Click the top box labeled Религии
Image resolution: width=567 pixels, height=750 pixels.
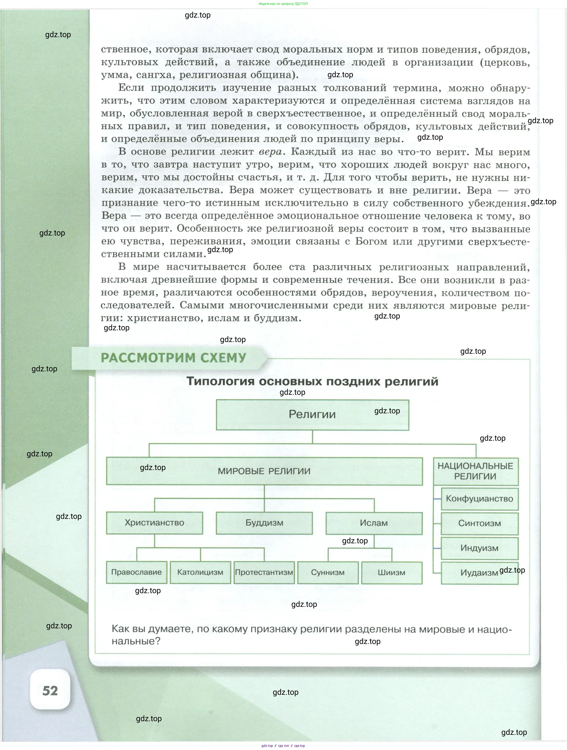pos(312,415)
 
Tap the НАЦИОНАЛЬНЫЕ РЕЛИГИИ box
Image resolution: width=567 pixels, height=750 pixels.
pos(475,471)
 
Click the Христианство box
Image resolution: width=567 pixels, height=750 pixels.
pos(155,523)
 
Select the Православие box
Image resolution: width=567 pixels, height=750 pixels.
pos(136,572)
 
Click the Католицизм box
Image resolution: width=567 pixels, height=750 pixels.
pos(200,572)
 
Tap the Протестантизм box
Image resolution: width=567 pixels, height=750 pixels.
pos(264,572)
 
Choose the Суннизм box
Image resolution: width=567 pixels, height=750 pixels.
pos(328,573)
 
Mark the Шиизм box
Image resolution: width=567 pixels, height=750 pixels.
pos(391,573)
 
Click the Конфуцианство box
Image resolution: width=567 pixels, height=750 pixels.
pos(479,499)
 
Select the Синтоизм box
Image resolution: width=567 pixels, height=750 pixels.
pos(479,524)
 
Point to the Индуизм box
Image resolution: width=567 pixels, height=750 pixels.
pos(479,548)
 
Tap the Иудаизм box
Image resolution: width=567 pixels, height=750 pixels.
pos(479,573)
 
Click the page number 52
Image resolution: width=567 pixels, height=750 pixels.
pos(50,691)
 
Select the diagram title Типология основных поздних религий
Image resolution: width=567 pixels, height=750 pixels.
pos(312,381)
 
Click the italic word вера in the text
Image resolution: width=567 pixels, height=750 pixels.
pos(270,152)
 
